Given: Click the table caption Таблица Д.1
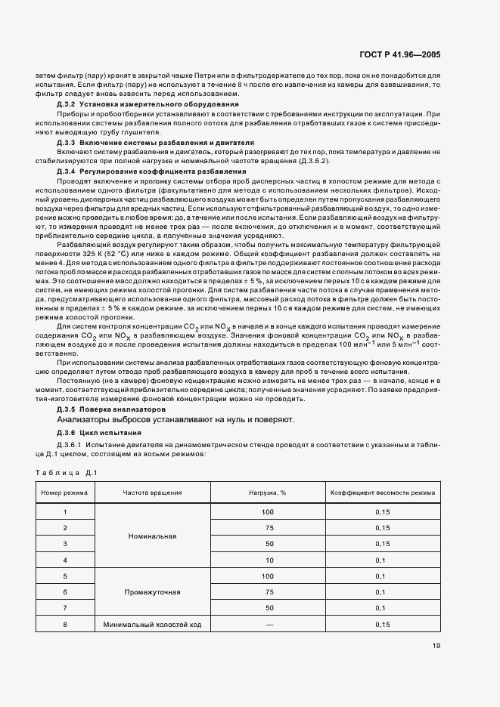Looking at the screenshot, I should coord(65,473).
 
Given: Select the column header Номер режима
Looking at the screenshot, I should coord(65,492).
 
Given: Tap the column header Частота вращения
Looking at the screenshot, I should coord(152,492).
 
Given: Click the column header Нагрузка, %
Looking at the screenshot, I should coord(266,492).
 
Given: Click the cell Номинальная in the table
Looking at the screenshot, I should coord(152,536).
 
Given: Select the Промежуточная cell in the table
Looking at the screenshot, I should coord(152,592).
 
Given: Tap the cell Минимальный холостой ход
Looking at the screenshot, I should coord(152,625).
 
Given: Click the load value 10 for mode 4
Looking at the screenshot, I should coord(266,560).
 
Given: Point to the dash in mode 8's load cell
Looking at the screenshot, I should coord(266,625).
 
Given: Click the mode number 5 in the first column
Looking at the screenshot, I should coord(65,576).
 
